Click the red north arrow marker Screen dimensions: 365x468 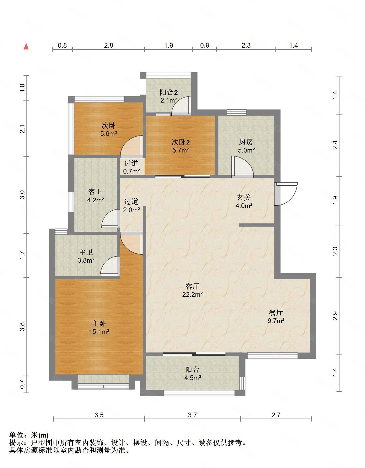point(26,46)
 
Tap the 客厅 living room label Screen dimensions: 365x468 point(192,286)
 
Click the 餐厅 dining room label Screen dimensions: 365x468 point(276,312)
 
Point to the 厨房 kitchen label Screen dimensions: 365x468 point(246,142)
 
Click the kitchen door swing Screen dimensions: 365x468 point(242,167)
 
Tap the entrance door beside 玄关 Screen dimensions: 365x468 point(286,194)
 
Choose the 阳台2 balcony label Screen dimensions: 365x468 point(169,92)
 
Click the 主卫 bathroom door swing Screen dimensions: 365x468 point(110,266)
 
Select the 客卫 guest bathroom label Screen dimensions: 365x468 point(95,192)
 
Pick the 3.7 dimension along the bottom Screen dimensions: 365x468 point(192,415)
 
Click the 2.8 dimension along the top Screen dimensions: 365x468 point(109,45)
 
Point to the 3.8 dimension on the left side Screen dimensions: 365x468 point(22,326)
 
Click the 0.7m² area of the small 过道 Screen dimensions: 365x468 point(131,171)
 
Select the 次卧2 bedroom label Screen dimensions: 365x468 point(181,142)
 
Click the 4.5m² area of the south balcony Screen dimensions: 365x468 point(193,378)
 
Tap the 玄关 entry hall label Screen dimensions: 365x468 point(244,198)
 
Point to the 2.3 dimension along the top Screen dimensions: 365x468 point(246,45)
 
